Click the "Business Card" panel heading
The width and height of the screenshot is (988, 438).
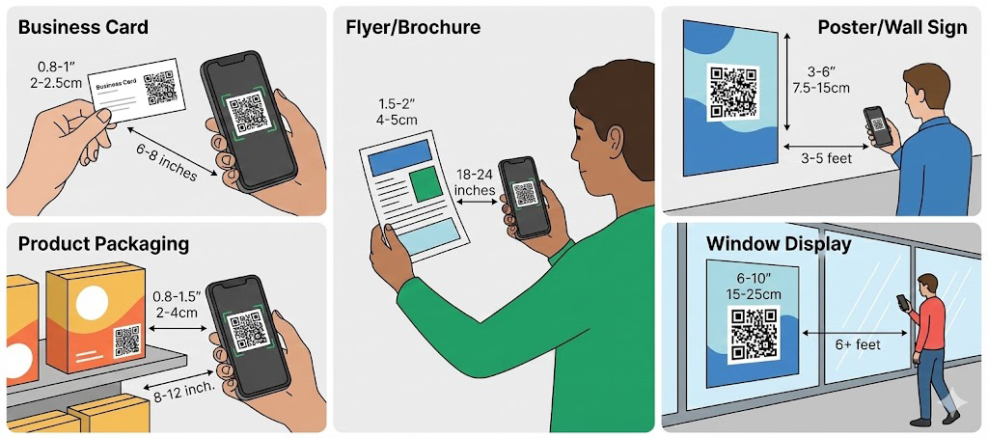click(x=83, y=27)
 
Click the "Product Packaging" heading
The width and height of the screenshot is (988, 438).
click(x=104, y=244)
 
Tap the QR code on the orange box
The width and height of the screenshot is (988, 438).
click(x=126, y=341)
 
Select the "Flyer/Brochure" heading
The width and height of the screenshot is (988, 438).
click(x=413, y=27)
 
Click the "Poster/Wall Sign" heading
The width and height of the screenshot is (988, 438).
click(x=892, y=27)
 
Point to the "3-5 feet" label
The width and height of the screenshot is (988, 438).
click(x=825, y=157)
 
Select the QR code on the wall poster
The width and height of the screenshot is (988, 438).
click(x=733, y=92)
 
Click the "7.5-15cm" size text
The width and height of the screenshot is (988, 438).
click(x=821, y=87)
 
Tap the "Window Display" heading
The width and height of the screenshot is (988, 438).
click(x=779, y=243)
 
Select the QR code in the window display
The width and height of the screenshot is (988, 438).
click(x=755, y=335)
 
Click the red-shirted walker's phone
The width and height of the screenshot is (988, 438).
click(x=902, y=302)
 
